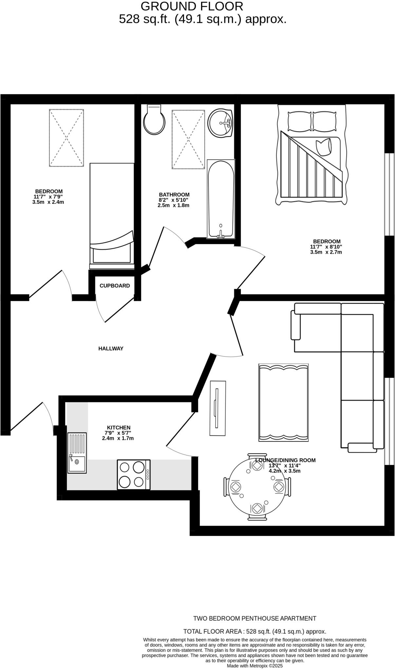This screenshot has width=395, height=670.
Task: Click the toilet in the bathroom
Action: point(154,120)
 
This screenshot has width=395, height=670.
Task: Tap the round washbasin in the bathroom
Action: point(221,122)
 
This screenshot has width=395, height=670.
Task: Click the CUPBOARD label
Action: point(115,286)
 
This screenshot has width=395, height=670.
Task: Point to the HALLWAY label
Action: point(111,348)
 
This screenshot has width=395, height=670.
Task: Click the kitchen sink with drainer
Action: point(77,453)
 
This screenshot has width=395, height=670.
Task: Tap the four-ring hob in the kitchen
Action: point(134,475)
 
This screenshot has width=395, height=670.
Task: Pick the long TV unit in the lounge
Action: point(218,408)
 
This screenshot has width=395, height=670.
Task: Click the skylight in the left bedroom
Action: point(66,138)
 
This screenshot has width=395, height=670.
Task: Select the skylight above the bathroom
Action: point(189,139)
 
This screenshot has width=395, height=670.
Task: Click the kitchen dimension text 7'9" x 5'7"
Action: point(118,433)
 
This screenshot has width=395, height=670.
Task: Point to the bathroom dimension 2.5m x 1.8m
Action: point(174,205)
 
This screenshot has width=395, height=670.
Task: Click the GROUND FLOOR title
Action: point(192,6)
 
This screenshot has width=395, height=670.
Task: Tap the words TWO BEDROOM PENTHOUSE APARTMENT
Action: point(254,618)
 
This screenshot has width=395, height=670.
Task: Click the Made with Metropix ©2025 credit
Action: point(254,666)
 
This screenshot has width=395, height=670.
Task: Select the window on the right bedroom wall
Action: point(389,194)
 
